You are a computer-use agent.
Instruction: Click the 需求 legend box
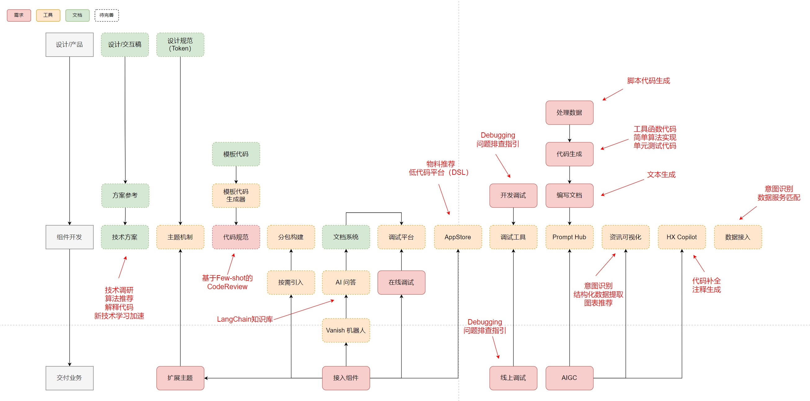[x=19, y=15]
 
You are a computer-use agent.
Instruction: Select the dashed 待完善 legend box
[x=107, y=15]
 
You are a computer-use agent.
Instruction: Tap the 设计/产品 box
[x=69, y=45]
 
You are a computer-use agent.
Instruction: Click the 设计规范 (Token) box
[x=180, y=45]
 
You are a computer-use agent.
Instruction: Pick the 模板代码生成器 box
[x=236, y=195]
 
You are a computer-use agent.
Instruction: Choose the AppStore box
[x=458, y=237]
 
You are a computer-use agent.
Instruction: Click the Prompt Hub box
[x=569, y=237]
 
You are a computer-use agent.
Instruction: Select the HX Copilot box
[x=681, y=237]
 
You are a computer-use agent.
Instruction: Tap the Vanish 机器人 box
[x=346, y=330]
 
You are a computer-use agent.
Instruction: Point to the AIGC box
[x=569, y=378]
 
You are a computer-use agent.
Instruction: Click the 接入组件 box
[x=346, y=378]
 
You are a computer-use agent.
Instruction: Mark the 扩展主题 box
[x=180, y=378]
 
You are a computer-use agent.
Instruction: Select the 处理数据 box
[x=569, y=112]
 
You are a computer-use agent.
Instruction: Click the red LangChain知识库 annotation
[x=245, y=319]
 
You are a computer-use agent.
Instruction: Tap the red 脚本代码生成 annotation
[x=648, y=81]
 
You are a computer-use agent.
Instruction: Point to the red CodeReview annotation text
[x=227, y=287]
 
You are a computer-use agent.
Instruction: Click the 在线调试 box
[x=401, y=282]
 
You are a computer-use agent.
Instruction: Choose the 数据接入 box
[x=738, y=237]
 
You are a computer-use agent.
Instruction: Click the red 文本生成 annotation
[x=661, y=174]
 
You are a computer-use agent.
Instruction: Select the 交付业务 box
[x=69, y=378]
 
